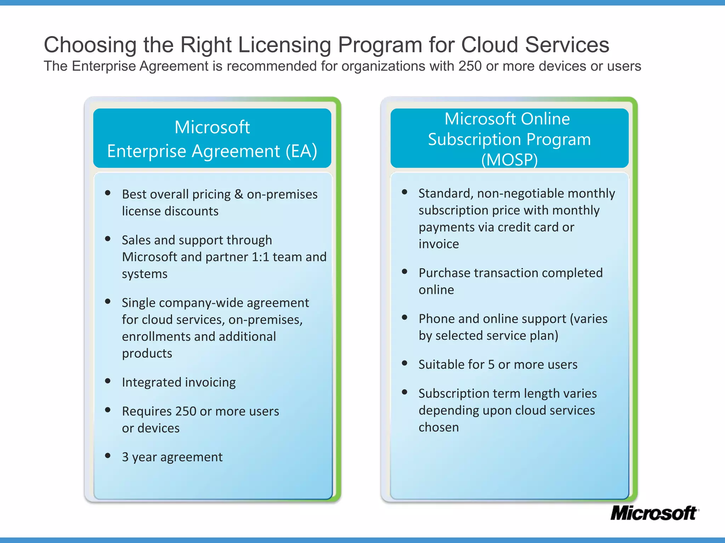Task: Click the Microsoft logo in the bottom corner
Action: point(654,513)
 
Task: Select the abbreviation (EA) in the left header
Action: point(301,151)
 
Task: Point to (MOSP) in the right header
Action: point(509,160)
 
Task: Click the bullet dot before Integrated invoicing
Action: point(108,381)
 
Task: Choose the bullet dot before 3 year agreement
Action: point(108,455)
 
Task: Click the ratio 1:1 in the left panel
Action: point(260,257)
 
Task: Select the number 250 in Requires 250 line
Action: point(185,411)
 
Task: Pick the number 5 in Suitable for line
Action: point(491,364)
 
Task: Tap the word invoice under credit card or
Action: point(439,244)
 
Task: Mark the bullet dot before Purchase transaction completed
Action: point(405,271)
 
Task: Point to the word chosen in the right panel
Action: point(439,427)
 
